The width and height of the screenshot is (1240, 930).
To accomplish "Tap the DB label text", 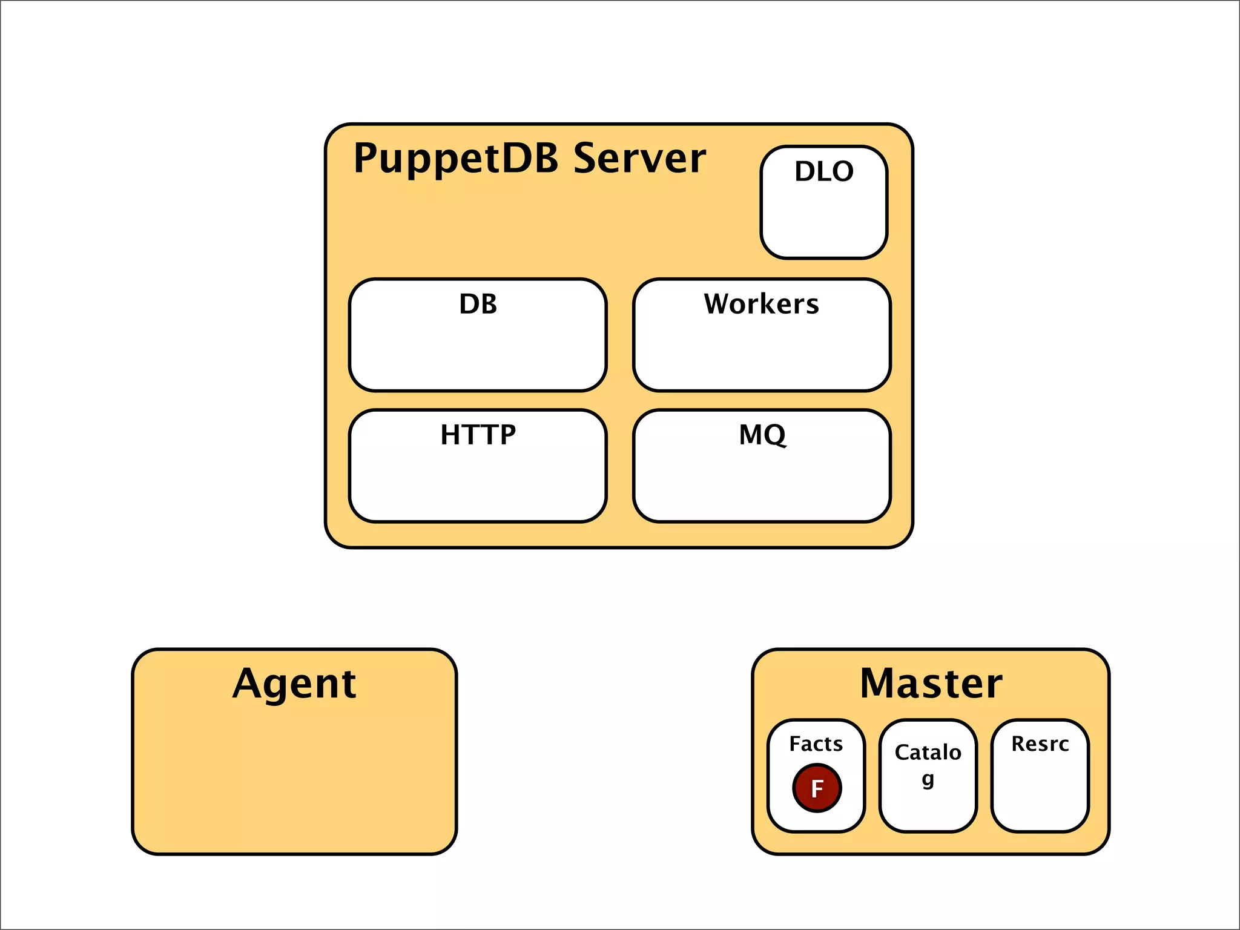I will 478,304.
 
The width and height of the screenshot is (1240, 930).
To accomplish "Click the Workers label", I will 761,304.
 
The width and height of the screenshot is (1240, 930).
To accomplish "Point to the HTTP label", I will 478,435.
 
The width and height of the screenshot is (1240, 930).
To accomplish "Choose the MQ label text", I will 762,435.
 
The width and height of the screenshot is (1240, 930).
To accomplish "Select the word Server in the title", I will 639,159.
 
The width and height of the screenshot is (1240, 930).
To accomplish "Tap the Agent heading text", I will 294,684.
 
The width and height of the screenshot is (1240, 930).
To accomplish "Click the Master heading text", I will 931,684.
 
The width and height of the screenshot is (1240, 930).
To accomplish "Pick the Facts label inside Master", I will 816,744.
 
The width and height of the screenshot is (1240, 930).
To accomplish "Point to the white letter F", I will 817,789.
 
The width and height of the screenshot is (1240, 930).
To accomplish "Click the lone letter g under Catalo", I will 928,779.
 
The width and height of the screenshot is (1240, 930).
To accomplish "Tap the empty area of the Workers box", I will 761,357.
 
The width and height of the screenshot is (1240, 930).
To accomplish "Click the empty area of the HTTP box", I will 478,487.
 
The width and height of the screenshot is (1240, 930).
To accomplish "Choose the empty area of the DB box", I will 478,357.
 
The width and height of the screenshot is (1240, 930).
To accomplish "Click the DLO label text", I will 824,171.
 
